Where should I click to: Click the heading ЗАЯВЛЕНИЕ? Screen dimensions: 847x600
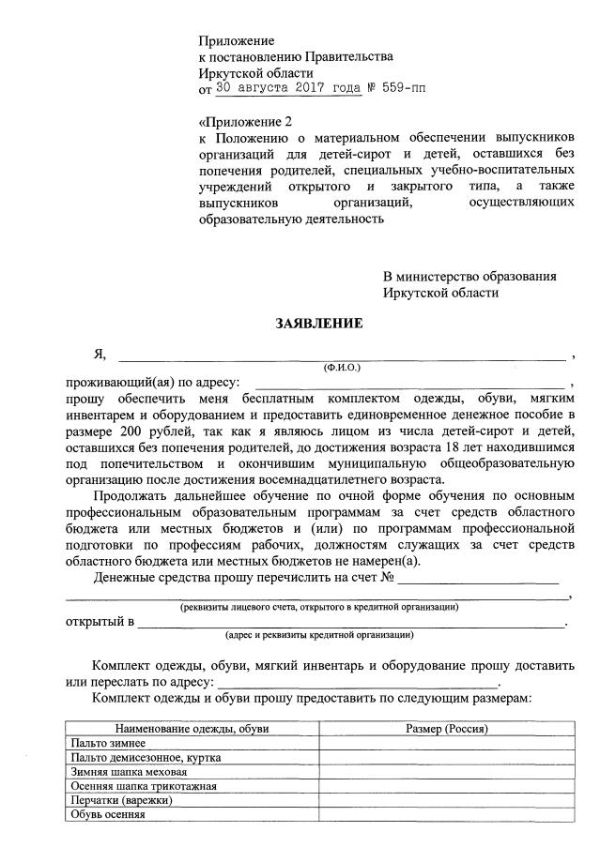pyautogui.click(x=318, y=323)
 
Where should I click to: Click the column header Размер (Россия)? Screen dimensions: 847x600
pyautogui.click(x=446, y=729)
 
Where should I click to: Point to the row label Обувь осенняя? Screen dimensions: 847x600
pyautogui.click(x=109, y=814)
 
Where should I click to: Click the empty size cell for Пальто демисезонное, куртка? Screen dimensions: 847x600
pyautogui.click(x=446, y=757)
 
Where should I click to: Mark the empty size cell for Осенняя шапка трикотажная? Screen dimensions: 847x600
pyautogui.click(x=446, y=786)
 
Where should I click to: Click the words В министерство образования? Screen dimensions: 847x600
pyautogui.click(x=469, y=277)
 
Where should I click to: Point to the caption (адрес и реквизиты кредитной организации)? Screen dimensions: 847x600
pyautogui.click(x=319, y=636)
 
